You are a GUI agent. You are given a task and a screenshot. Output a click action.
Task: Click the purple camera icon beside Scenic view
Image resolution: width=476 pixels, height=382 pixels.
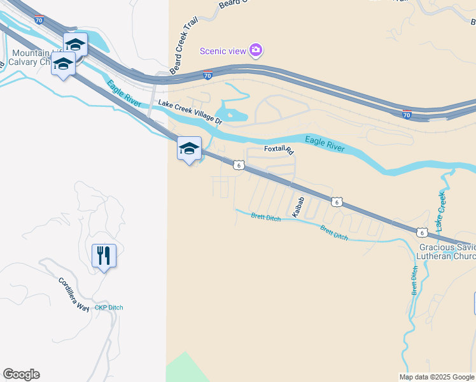coord(256,50)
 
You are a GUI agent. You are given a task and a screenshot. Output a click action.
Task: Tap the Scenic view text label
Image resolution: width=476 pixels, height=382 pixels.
coord(223,51)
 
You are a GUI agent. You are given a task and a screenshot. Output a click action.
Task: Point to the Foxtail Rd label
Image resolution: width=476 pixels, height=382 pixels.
coord(279,151)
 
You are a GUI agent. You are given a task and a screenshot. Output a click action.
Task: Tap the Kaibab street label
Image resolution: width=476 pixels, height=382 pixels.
coord(298,207)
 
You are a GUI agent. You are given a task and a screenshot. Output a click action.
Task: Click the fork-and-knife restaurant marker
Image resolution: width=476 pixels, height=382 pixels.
coord(104,256)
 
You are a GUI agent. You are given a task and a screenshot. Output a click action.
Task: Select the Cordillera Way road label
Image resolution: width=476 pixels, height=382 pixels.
coord(74,294)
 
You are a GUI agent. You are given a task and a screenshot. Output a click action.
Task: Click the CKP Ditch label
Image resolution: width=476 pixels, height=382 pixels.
coord(109,308)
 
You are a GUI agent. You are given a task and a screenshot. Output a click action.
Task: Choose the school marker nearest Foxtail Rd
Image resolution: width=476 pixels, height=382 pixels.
coord(189,149)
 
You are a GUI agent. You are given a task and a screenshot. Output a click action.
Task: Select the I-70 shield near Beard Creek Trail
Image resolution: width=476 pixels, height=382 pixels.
coord(207,75)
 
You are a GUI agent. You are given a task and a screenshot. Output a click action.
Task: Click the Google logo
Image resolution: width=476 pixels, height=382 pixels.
coord(21,374)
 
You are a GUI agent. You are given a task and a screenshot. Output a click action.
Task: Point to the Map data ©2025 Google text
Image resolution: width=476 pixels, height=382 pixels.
coord(437,377)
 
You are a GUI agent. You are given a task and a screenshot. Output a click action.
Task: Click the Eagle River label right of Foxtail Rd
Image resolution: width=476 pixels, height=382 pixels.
coord(325,144)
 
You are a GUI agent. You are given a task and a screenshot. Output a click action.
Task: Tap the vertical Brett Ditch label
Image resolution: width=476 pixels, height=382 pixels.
coord(414,281)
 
